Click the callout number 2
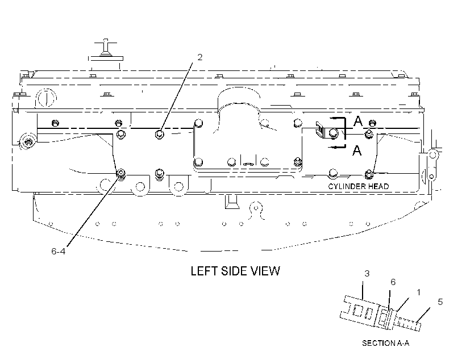point(199,57)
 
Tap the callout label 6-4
point(58,252)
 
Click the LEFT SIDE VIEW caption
point(235,271)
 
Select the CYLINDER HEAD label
point(358,186)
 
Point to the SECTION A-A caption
point(385,343)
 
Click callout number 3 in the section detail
point(367,273)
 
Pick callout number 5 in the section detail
point(440,302)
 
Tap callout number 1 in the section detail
point(419,292)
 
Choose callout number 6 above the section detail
point(393,282)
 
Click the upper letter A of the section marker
point(358,121)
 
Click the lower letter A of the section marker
point(357,150)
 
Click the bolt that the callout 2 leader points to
point(160,134)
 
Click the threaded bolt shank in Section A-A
point(410,324)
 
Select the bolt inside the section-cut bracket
point(334,133)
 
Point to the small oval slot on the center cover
point(248,164)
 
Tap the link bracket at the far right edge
point(432,166)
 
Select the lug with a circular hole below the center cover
point(256,209)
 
